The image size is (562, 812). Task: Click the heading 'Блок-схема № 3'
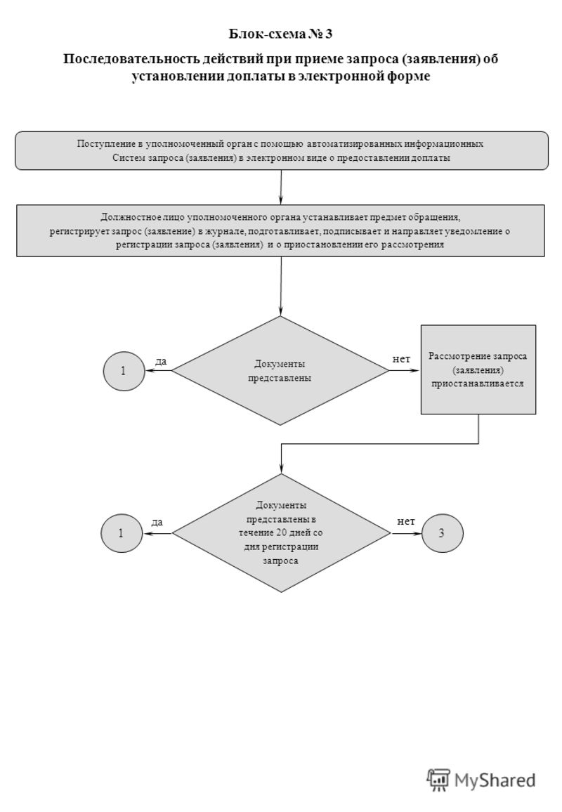click(280, 34)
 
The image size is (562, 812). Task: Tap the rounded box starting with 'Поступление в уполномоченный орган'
click(281, 151)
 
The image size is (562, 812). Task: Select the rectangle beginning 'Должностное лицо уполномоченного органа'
click(280, 230)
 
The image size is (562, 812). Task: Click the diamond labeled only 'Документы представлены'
click(280, 371)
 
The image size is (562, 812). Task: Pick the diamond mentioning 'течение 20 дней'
click(281, 533)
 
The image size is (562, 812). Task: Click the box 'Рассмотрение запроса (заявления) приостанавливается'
click(478, 369)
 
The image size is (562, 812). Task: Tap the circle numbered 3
click(443, 533)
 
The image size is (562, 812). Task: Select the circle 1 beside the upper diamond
click(124, 371)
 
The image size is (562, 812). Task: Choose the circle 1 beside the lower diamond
click(122, 533)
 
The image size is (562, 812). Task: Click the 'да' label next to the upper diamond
click(161, 362)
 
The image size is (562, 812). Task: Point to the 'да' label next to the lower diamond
click(157, 522)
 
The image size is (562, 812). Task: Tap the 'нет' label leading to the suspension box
click(401, 359)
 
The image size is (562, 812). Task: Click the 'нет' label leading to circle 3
click(406, 521)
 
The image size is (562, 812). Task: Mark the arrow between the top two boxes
click(281, 188)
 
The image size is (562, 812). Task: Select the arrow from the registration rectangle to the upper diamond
click(281, 287)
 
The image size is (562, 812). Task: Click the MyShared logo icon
click(438, 780)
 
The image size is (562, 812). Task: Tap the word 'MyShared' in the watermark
click(495, 780)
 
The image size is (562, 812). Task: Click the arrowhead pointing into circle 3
click(418, 533)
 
